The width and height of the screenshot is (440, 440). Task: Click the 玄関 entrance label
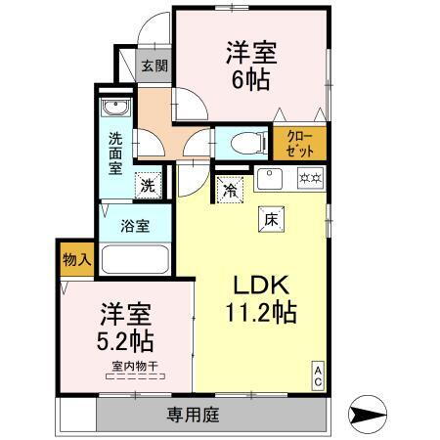(x=154, y=66)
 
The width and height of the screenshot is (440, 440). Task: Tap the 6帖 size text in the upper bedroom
(x=251, y=80)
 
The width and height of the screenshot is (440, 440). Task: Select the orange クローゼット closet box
(x=300, y=145)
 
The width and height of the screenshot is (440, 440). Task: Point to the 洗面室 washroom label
(x=115, y=154)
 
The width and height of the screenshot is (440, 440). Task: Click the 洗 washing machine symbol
(x=147, y=183)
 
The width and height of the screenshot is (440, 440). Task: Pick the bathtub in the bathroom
(x=135, y=260)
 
